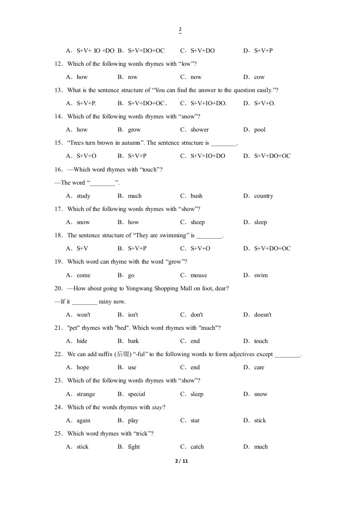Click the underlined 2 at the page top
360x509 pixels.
click(x=180, y=30)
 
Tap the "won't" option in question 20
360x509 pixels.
click(x=84, y=315)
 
